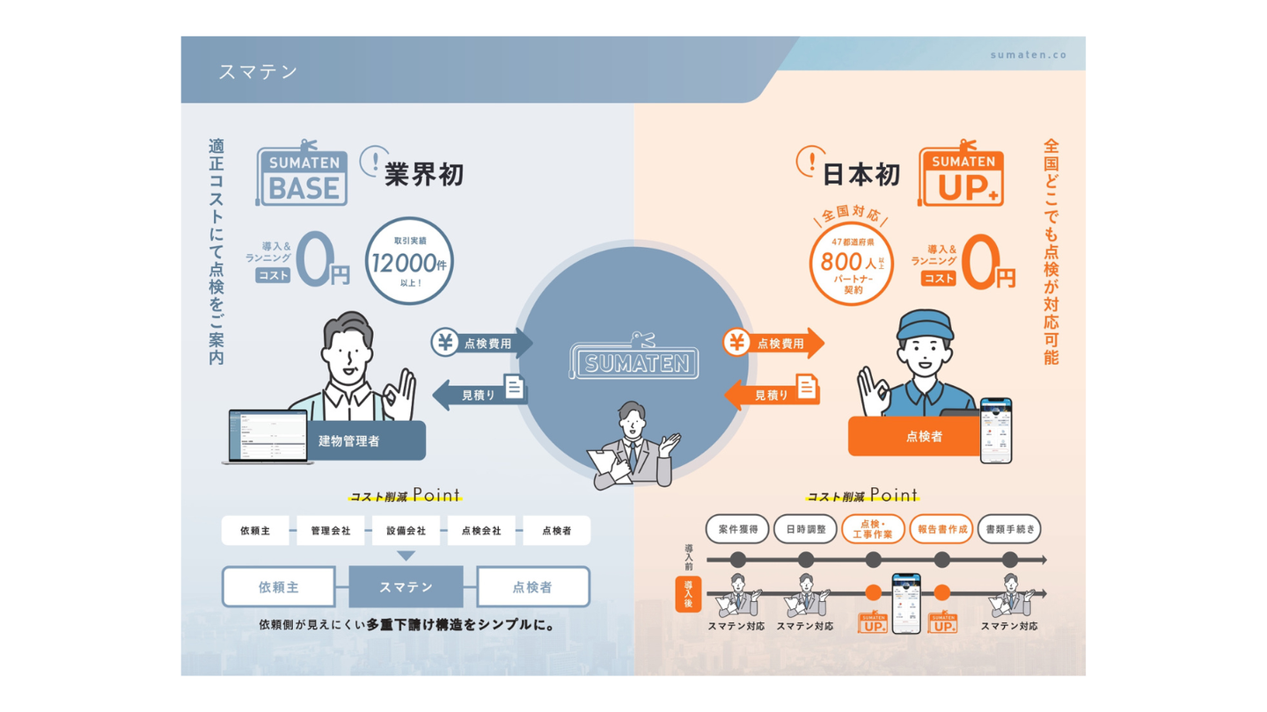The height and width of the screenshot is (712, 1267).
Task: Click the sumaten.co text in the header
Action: click(x=1028, y=54)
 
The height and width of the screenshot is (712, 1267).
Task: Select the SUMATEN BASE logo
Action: click(x=301, y=176)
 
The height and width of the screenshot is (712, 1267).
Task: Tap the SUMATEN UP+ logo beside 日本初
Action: click(x=963, y=176)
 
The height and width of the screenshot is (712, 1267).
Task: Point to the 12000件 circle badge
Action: click(x=409, y=261)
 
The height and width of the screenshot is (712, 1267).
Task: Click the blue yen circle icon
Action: click(x=445, y=343)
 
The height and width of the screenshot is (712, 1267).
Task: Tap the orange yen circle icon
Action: click(x=737, y=343)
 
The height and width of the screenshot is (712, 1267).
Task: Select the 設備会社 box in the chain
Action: click(x=406, y=531)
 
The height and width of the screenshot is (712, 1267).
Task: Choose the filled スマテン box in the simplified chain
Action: click(x=406, y=587)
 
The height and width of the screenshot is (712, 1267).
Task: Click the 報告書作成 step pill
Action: click(x=941, y=529)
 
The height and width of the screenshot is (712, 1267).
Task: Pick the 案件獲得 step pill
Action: click(x=737, y=529)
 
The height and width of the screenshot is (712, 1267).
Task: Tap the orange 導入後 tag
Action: click(x=688, y=594)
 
